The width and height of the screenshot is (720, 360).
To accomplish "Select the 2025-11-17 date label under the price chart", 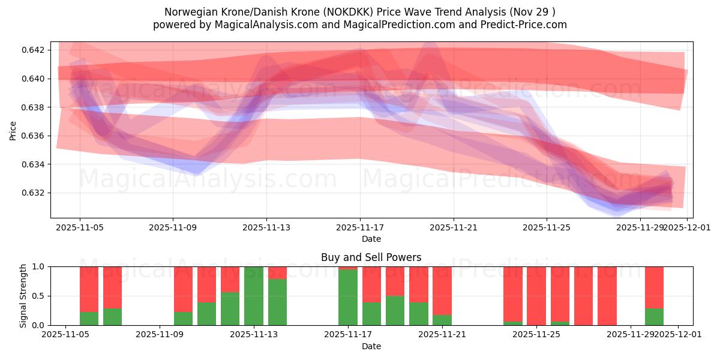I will (360, 228).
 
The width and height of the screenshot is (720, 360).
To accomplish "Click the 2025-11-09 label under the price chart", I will (173, 228).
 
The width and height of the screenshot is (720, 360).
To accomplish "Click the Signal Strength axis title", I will (23, 296).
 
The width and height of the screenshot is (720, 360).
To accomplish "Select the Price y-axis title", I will (13, 130).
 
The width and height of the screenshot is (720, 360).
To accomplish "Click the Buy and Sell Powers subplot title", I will (371, 257).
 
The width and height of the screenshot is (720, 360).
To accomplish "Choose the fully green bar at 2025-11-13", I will (254, 296).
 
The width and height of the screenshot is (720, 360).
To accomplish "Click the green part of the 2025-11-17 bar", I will (348, 298).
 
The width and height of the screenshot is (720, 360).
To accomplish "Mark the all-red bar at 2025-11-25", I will (536, 296).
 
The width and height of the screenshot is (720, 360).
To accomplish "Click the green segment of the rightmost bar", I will (654, 317).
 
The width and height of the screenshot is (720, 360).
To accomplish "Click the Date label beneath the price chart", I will (371, 239).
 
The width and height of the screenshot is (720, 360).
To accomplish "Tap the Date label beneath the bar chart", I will (371, 346).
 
